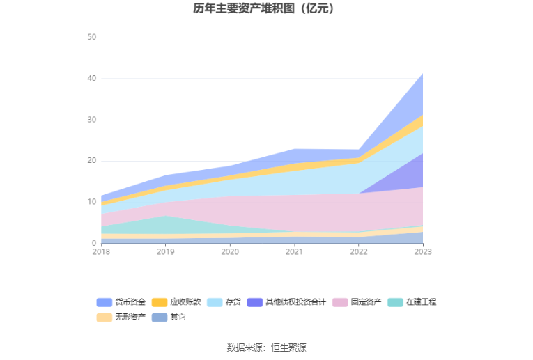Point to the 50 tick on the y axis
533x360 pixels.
[x=92, y=38]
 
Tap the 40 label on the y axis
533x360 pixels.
[x=92, y=79]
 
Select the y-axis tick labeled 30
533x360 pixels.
[x=92, y=120]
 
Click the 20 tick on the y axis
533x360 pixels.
[x=92, y=161]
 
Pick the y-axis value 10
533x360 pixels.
[x=92, y=202]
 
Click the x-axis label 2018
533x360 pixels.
[x=101, y=252]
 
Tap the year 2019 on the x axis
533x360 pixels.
[x=165, y=252]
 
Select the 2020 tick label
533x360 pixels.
[x=230, y=252]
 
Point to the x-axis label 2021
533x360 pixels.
[x=294, y=252]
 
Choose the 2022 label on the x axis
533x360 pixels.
[x=359, y=252]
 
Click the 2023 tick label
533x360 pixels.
[x=422, y=252]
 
